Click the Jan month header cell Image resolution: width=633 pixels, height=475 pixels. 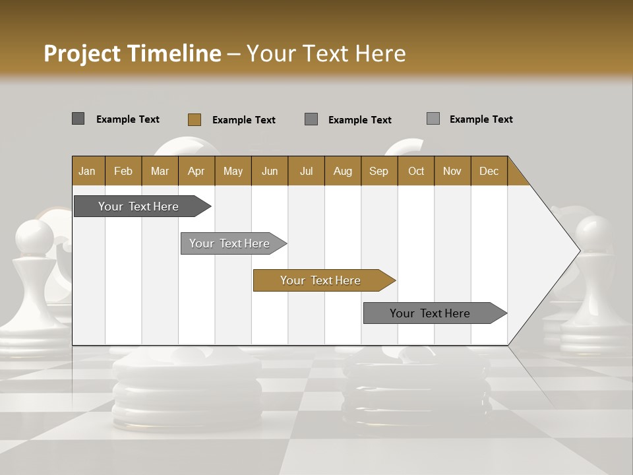tap(88, 171)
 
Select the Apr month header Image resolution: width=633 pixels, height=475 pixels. tap(196, 171)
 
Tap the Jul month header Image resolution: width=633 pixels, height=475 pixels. tap(306, 171)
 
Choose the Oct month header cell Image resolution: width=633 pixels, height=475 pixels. tap(416, 171)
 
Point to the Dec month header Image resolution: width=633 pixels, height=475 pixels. tap(489, 171)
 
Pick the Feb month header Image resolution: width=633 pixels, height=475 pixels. tap(123, 171)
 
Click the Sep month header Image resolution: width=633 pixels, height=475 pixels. tap(378, 171)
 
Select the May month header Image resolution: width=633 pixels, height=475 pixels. tap(233, 171)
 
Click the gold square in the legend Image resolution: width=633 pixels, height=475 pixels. tap(195, 119)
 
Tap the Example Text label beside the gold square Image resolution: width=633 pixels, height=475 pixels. tap(244, 120)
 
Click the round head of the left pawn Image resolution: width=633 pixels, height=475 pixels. tap(34, 237)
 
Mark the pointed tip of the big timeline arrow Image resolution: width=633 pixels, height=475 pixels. tap(579, 251)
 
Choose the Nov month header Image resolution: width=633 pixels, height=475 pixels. tap(452, 171)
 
